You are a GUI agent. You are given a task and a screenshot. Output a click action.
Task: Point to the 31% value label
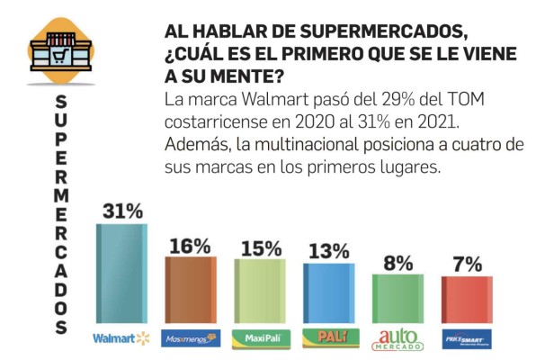tap(122, 211)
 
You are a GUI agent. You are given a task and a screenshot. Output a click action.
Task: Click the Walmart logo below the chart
tap(121, 338)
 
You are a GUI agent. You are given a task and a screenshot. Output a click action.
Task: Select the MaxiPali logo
tap(260, 339)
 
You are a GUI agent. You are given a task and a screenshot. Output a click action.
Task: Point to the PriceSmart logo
tap(467, 339)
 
